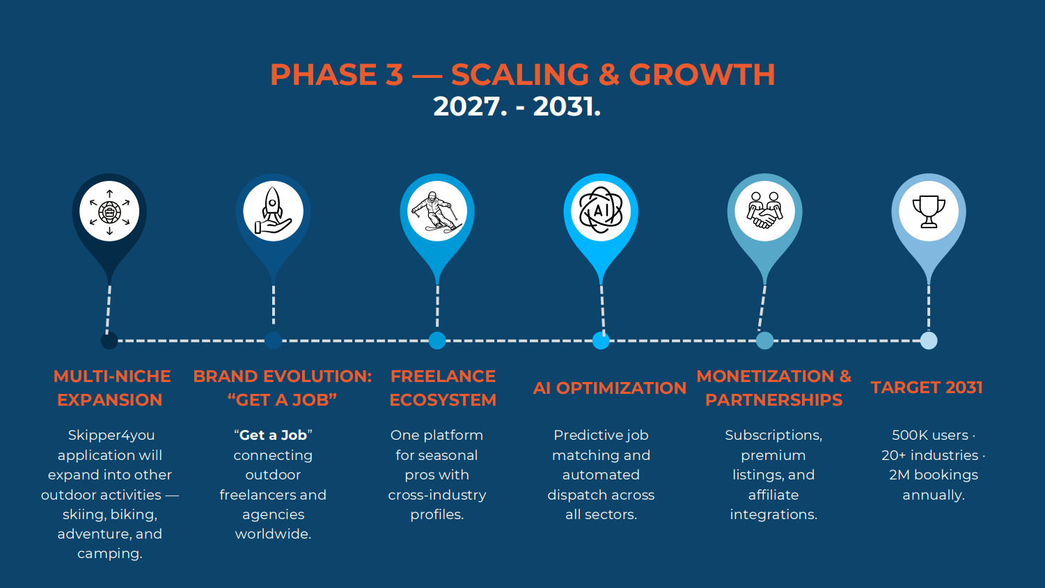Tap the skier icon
click(437, 212)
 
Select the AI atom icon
click(601, 211)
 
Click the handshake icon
click(764, 211)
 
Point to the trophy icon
click(929, 211)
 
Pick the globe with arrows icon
click(109, 212)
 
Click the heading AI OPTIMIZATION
click(609, 388)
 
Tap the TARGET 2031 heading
click(927, 388)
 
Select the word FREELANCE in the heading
click(443, 376)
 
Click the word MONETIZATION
click(765, 376)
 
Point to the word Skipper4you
click(111, 436)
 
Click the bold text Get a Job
click(273, 436)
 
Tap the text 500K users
click(930, 436)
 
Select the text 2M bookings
click(933, 475)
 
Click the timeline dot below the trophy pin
click(929, 340)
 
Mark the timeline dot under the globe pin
click(109, 341)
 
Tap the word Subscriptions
click(773, 436)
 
